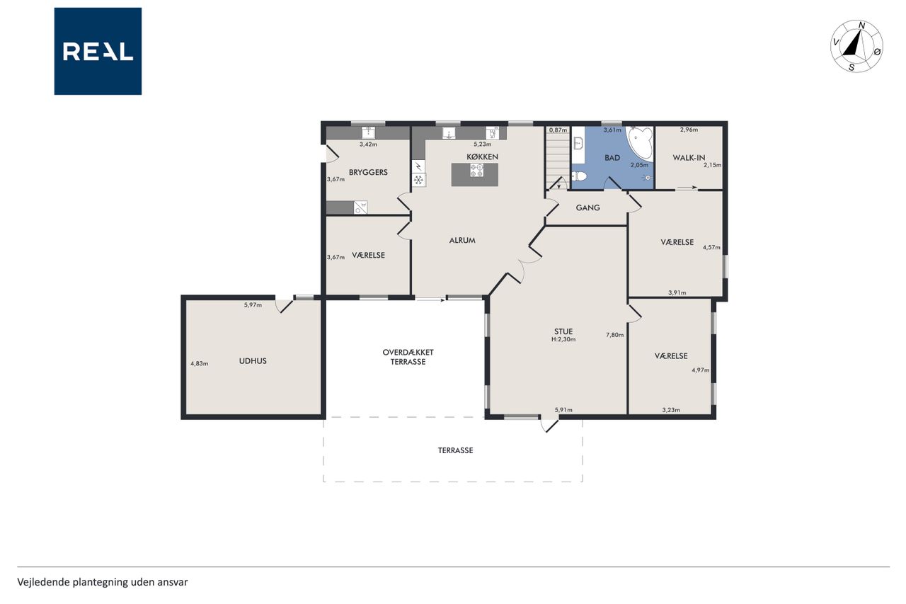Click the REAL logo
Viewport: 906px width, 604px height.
98,52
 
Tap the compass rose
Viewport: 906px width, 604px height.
856,47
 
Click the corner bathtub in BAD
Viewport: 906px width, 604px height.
641,143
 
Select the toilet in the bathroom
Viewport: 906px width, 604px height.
579,176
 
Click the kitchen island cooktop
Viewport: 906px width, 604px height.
476,170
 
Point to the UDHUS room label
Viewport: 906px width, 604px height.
253,361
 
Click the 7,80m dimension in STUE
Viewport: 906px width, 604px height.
614,335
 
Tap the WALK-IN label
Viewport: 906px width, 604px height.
689,158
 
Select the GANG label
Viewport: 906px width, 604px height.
587,207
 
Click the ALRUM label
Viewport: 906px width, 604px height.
462,240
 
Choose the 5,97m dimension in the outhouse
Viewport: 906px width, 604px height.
253,305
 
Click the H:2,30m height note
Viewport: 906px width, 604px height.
563,339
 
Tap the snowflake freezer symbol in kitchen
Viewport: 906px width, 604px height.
418,180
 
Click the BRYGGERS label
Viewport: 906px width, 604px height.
368,172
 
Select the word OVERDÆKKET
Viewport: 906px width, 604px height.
408,353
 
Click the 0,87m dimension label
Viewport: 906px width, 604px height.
558,130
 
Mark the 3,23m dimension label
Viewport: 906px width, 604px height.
671,410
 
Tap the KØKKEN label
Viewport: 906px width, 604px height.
482,157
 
